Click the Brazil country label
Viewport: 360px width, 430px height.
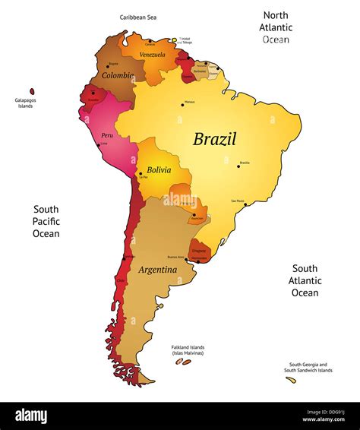point(214,139)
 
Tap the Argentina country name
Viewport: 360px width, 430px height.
point(158,270)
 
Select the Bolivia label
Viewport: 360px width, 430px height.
point(159,170)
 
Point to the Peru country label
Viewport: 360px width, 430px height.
point(107,135)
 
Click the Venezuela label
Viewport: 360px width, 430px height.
point(153,55)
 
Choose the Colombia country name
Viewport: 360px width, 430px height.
point(118,75)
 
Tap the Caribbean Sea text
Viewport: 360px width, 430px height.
point(137,16)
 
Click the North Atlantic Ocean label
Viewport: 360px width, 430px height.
point(277,27)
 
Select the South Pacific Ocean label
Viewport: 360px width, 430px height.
point(46,221)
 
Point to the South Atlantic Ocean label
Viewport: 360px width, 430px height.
point(305,280)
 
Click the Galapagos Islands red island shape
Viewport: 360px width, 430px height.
point(32,90)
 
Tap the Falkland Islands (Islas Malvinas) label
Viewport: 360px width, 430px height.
point(187,351)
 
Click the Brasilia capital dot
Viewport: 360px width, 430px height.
point(238,166)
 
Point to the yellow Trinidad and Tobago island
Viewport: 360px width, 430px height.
point(174,40)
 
